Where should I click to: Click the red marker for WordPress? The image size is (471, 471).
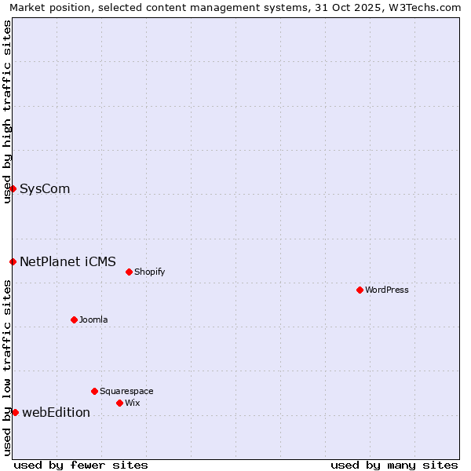pos(360,290)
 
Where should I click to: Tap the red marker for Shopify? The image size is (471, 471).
pos(129,272)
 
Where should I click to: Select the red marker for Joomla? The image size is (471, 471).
pos(74,319)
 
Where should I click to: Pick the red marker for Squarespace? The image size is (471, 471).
pos(94,391)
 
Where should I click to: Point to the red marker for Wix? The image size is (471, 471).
pos(119,403)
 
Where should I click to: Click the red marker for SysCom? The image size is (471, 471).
pos(13,188)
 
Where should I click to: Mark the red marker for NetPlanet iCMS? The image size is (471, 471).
pos(13,261)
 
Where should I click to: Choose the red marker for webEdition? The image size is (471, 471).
pos(15,412)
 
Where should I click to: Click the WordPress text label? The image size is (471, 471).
pos(387,290)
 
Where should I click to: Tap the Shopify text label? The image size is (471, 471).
pos(149,272)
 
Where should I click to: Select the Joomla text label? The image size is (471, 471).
pos(93,319)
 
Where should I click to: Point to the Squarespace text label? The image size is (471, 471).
pos(126,391)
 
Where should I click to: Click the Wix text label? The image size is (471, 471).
pos(133,403)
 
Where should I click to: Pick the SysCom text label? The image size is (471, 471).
pos(45,188)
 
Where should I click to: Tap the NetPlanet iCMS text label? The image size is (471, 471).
pos(68,261)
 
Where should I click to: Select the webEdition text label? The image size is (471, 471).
pos(56,412)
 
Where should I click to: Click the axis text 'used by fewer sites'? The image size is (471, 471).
pos(81,465)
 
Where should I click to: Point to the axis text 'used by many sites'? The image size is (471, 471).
pos(394,465)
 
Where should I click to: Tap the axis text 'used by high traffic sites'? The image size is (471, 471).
pos(7,111)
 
